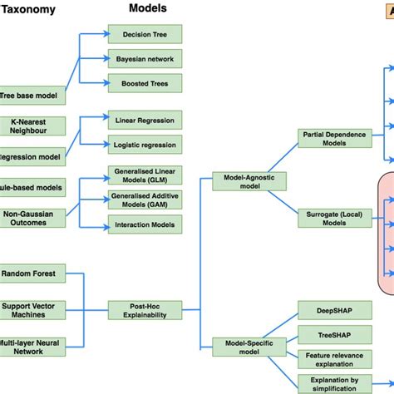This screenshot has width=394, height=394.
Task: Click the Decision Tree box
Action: [145, 35]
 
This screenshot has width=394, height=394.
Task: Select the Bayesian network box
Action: [145, 59]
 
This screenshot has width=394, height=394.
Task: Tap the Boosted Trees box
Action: [145, 83]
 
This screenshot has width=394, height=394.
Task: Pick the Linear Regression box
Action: [145, 120]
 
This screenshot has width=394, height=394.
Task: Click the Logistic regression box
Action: [145, 144]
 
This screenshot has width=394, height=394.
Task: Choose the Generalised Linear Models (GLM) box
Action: [145, 176]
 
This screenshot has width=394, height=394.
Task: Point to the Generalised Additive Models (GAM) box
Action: [145, 200]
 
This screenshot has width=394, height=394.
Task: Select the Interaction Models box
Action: [145, 224]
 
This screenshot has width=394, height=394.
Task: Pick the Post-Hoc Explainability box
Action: [145, 310]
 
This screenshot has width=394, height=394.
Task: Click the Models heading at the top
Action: [147, 8]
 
